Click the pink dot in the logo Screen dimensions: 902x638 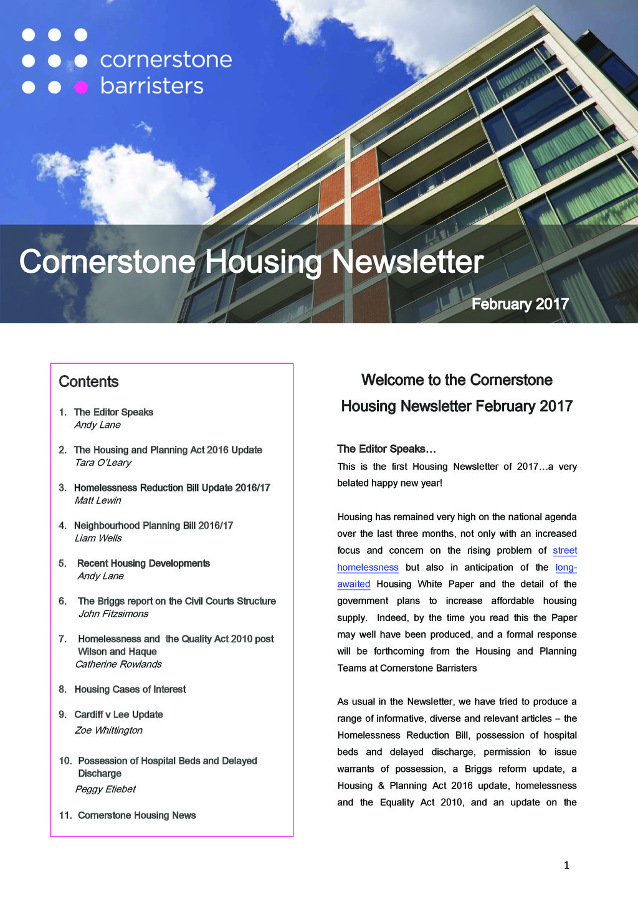(x=81, y=87)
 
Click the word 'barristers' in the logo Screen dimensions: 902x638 (x=151, y=86)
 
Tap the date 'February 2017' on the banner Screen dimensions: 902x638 (x=520, y=304)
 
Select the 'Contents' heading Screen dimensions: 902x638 (x=88, y=382)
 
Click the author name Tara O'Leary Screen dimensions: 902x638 (x=103, y=463)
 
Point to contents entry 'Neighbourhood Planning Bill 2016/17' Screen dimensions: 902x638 (x=153, y=526)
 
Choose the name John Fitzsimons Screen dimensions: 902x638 (x=113, y=614)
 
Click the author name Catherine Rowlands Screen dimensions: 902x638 (x=118, y=665)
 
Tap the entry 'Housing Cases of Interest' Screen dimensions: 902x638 (x=130, y=690)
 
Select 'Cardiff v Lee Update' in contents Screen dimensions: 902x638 (x=118, y=715)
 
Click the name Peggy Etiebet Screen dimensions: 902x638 (x=105, y=789)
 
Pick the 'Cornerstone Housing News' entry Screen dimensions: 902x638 (x=136, y=815)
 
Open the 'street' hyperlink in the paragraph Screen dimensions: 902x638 (x=564, y=551)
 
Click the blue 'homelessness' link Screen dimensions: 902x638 (x=368, y=567)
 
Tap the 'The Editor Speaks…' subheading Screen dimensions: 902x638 (x=386, y=449)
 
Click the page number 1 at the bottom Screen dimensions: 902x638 (x=566, y=865)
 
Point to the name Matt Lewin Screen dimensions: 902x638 (x=98, y=501)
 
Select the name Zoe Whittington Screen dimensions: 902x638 (x=108, y=731)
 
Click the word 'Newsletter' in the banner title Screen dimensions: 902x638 (x=407, y=262)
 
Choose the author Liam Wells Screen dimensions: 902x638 (x=98, y=539)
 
